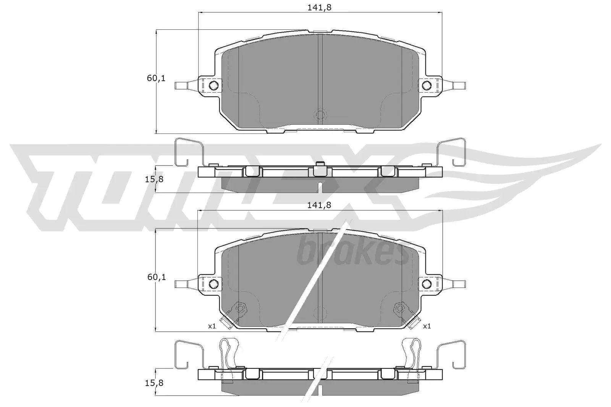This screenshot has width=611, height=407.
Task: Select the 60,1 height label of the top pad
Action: tap(156, 79)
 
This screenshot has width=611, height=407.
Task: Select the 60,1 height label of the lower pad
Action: tap(156, 277)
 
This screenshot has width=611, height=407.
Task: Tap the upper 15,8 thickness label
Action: tap(155, 179)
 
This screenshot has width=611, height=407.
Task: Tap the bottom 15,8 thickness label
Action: tap(155, 382)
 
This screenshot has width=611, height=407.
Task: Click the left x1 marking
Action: tap(212, 326)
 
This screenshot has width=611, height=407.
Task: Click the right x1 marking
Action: tap(427, 326)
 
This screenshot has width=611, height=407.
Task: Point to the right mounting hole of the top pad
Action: tap(427, 85)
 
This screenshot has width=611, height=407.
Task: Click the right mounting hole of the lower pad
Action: tap(427, 283)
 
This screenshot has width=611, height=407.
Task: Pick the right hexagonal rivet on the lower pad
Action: tap(400, 307)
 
